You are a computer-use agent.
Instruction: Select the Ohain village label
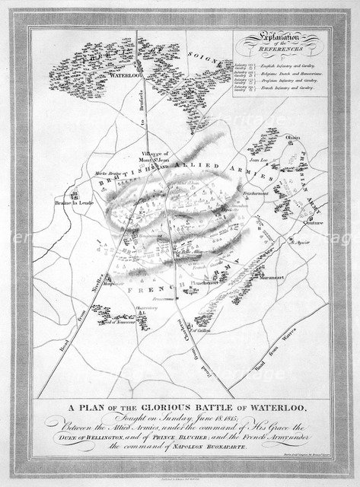293,138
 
